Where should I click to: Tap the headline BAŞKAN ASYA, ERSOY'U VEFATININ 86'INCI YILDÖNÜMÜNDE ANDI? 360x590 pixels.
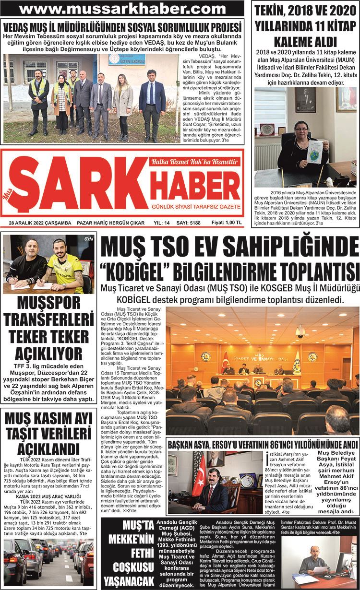coord(262,444)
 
